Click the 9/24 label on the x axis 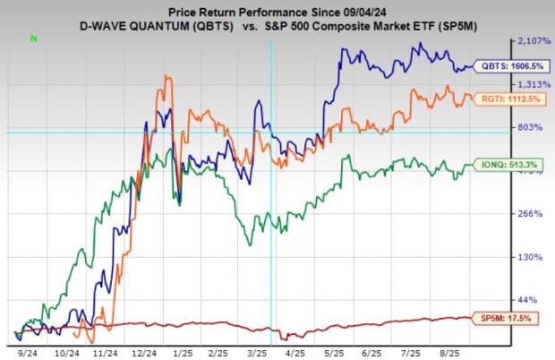(27, 353)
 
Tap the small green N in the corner (34, 39)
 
